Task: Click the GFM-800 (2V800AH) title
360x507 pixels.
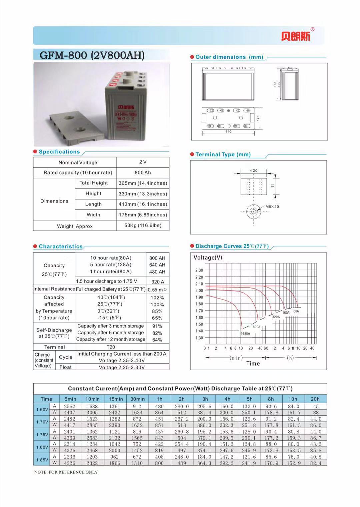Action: [92, 55]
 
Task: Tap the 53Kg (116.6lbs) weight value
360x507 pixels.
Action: [143, 225]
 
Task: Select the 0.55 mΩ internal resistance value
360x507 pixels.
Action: [157, 290]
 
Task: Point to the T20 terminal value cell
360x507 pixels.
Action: [111, 347]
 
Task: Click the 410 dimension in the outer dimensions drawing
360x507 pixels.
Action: [228, 132]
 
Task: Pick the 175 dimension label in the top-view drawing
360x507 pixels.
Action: [258, 118]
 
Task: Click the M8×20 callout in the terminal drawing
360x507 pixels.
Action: [272, 207]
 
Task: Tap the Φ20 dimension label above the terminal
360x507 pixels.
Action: [254, 170]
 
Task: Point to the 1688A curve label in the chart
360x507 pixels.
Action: [245, 333]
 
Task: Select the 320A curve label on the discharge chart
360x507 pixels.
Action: [276, 317]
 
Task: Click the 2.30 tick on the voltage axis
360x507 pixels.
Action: [199, 270]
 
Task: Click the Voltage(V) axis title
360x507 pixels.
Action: [208, 258]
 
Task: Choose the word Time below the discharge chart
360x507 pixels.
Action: [253, 364]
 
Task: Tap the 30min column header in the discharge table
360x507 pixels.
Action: [137, 399]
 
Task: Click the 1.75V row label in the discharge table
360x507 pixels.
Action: [42, 434]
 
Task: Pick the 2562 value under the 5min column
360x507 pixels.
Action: [70, 406]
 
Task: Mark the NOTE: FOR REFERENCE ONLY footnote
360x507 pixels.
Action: [66, 472]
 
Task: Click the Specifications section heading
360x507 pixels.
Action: [59, 152]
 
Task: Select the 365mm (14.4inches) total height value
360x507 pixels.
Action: [143, 183]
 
